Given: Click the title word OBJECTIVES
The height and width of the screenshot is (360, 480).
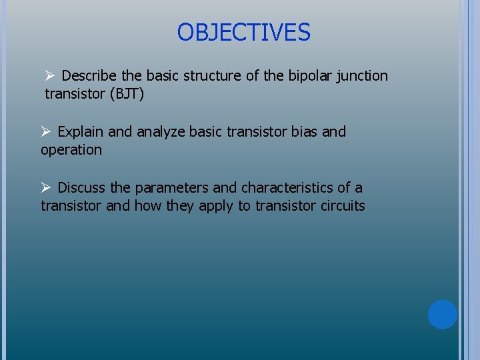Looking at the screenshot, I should [x=244, y=32].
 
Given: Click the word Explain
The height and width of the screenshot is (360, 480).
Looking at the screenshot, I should [x=81, y=132].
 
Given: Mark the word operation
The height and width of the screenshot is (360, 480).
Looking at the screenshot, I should [x=71, y=150].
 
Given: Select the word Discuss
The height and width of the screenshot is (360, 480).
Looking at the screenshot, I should [x=81, y=188].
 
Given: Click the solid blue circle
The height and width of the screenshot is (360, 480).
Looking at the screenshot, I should [x=442, y=315].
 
